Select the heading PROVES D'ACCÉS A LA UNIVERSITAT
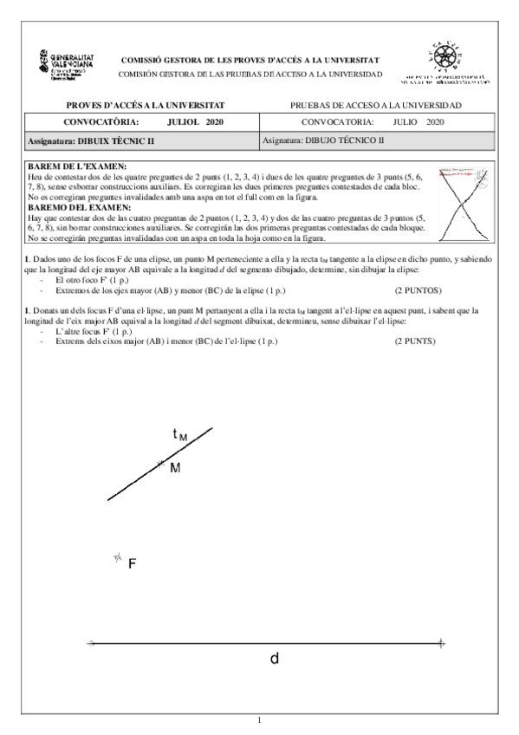pyautogui.click(x=133, y=105)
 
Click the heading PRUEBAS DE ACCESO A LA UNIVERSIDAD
pyautogui.click(x=377, y=105)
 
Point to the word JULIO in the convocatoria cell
pyautogui.click(x=405, y=122)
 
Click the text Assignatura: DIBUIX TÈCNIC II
pyautogui.click(x=91, y=140)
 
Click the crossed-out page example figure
pyautogui.click(x=464, y=204)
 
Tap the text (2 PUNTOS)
pyautogui.click(x=418, y=292)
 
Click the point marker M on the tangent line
pyautogui.click(x=160, y=465)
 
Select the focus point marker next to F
pyautogui.click(x=117, y=558)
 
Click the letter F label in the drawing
pyautogui.click(x=133, y=564)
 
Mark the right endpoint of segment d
pyautogui.click(x=442, y=643)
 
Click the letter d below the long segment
pyautogui.click(x=274, y=659)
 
